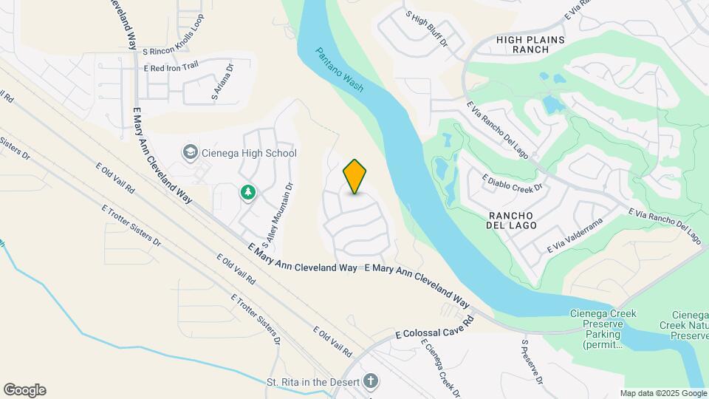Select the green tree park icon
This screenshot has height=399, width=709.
(248, 192)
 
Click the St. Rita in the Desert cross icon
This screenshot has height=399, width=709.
(370, 382)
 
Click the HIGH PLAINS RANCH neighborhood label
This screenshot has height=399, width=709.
(530, 44)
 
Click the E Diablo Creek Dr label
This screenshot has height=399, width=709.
(512, 183)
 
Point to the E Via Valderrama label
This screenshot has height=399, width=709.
(575, 235)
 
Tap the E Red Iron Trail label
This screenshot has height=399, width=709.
(171, 67)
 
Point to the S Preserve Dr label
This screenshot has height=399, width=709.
(532, 362)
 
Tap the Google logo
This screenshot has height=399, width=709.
(24, 390)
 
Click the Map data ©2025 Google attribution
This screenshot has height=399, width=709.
(662, 393)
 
